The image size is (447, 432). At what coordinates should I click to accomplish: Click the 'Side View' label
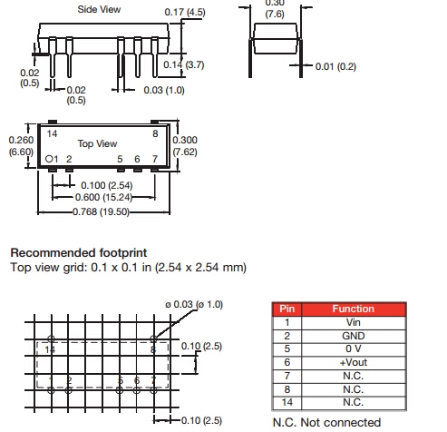click(99, 9)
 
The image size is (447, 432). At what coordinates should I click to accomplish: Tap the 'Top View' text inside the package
click(97, 143)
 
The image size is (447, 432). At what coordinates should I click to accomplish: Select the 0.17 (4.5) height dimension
click(185, 12)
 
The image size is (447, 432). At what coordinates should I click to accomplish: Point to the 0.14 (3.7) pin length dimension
click(184, 64)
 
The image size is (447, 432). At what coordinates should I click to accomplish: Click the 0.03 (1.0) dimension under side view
click(164, 90)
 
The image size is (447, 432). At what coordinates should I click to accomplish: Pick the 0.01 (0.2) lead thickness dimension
click(335, 66)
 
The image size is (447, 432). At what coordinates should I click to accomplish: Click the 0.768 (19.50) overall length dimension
click(101, 211)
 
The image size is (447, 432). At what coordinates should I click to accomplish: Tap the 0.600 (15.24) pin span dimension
click(103, 198)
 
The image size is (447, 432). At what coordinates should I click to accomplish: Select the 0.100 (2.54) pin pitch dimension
click(107, 185)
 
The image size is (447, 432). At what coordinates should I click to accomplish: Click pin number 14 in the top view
click(52, 133)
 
